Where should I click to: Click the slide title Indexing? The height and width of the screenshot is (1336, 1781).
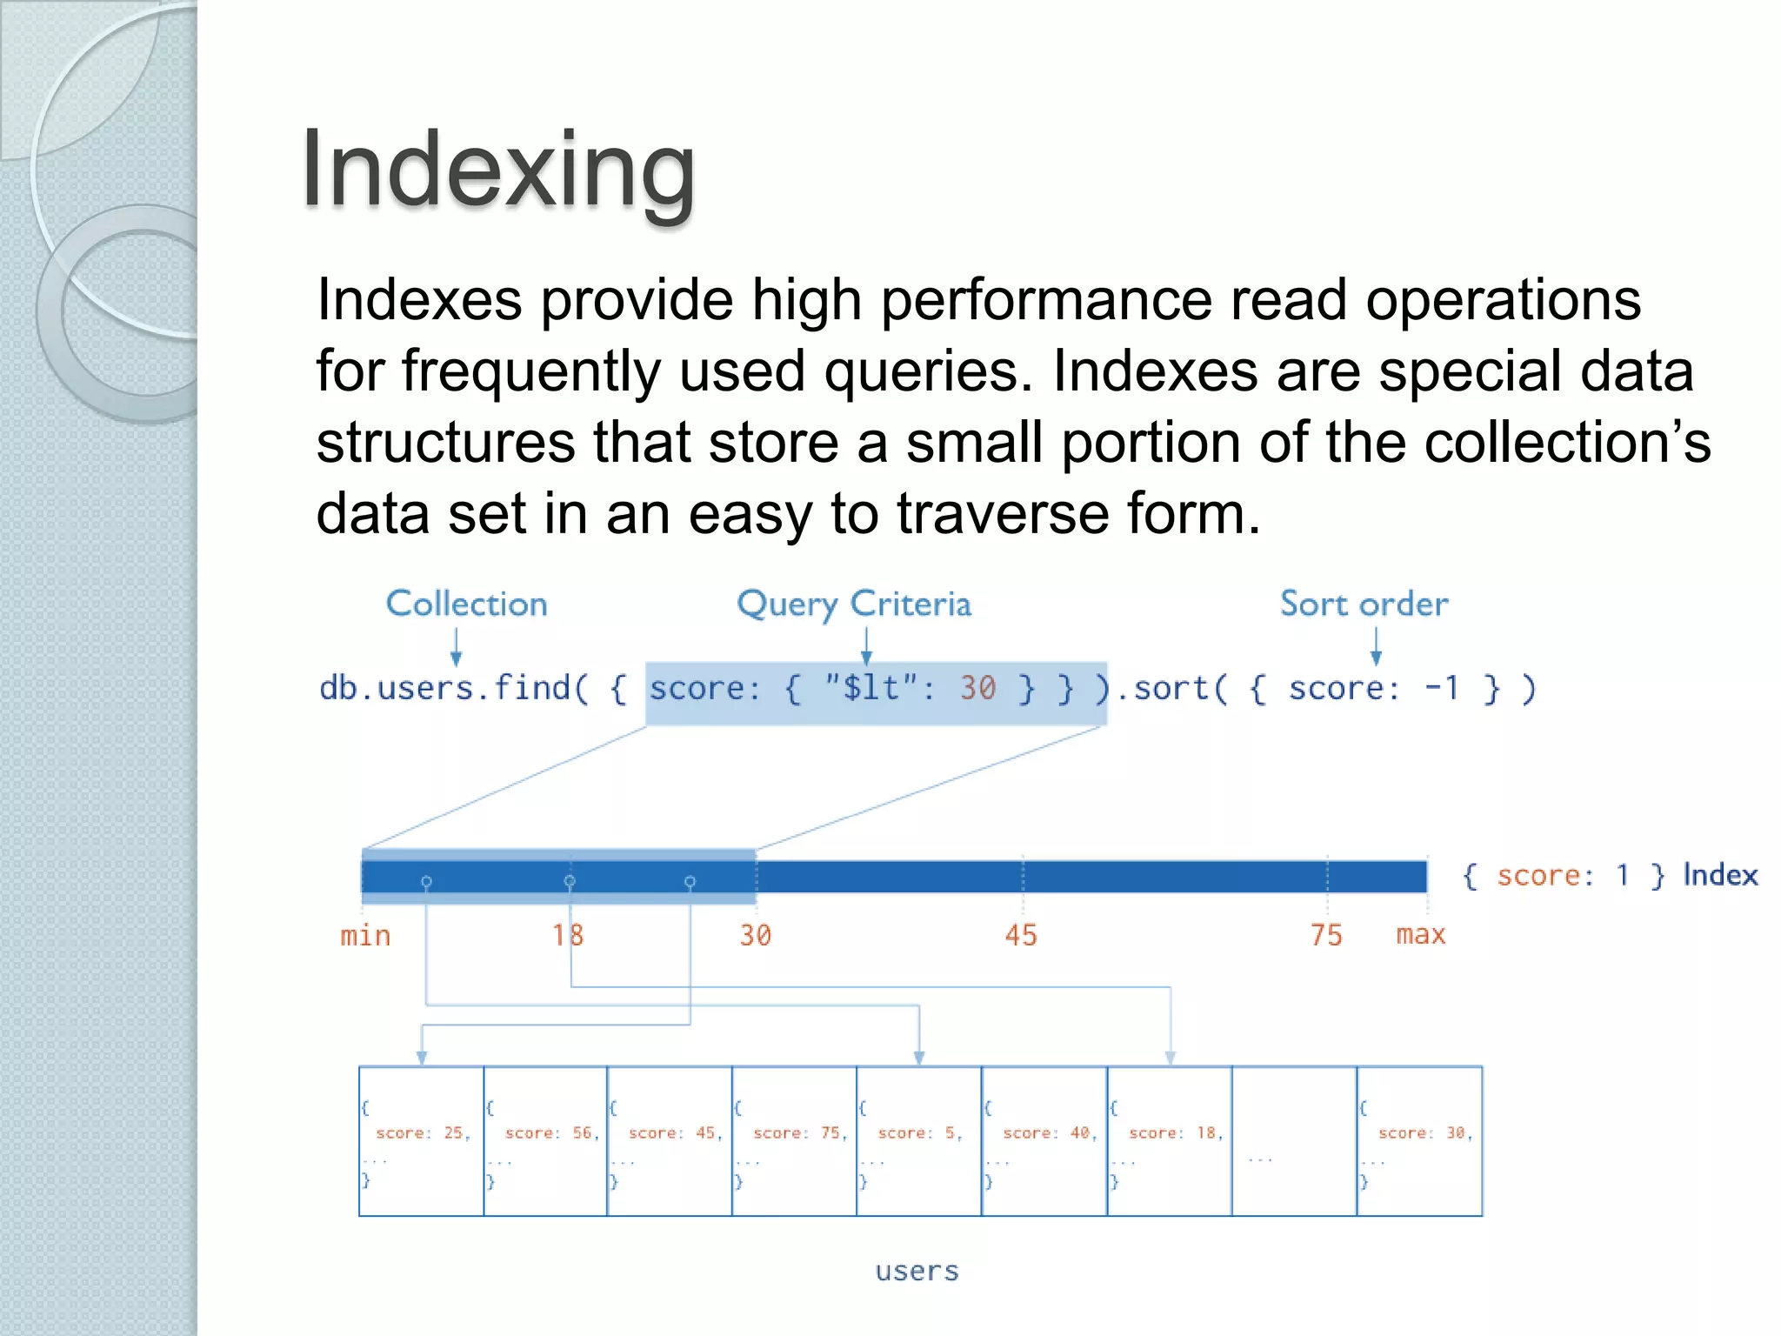click(x=497, y=169)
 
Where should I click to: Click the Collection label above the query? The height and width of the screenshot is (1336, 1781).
click(x=466, y=604)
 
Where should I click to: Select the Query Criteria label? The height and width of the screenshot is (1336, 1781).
click(x=853, y=604)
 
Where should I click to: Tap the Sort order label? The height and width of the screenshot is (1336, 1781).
click(x=1364, y=604)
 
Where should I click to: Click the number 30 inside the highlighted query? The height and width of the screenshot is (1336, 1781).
click(x=977, y=688)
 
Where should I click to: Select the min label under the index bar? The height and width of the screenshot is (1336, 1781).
click(x=365, y=936)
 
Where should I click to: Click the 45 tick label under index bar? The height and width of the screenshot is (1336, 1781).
click(x=1021, y=936)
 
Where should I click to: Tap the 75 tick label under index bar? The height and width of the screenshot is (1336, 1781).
click(x=1326, y=936)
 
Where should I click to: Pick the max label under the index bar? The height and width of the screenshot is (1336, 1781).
click(x=1420, y=935)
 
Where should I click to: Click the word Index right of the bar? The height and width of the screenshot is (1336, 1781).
click(x=1719, y=875)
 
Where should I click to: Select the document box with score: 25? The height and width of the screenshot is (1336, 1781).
click(x=422, y=1141)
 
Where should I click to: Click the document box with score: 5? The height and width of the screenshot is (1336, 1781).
click(x=919, y=1141)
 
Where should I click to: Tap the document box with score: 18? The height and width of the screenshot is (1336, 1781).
click(x=1170, y=1141)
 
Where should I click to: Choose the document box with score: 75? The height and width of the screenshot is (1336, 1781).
click(x=794, y=1141)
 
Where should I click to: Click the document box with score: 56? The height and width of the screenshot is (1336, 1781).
click(x=545, y=1141)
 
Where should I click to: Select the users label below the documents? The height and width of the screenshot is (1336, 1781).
click(x=917, y=1272)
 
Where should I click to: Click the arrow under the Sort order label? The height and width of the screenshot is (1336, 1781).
click(x=1376, y=647)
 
